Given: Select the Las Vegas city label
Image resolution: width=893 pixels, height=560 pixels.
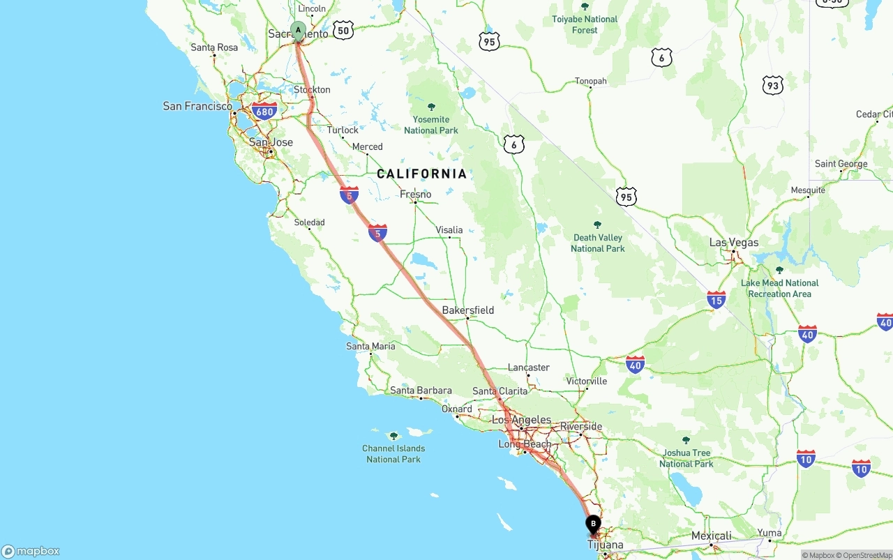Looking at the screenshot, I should pos(733,243).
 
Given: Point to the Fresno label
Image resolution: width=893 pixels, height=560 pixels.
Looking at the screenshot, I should pos(415,194).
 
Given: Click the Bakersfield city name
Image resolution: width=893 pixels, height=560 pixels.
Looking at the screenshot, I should pos(467,310).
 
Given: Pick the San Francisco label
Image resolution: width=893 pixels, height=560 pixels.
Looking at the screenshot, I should pos(197,106).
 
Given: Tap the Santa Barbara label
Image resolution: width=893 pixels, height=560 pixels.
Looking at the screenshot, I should pos(421,391).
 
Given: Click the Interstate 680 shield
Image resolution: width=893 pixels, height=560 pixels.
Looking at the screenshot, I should pos(264,112).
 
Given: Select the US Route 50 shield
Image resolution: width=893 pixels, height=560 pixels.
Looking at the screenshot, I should pos(343,30).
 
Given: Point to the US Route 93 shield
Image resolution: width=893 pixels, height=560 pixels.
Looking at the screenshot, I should pos(772,86).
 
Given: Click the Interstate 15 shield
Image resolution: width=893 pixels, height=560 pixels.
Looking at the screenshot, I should pos(716,300).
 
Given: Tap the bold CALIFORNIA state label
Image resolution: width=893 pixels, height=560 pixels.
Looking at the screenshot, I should pos(421,174).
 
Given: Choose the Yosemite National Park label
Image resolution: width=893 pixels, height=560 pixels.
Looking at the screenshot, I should pos(431,124).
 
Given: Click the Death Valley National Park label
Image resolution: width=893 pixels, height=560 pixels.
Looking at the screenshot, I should pos(597,243).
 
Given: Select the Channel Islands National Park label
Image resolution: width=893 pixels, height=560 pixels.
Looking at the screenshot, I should pos(393,453).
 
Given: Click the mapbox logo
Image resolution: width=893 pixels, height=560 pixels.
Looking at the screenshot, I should pos(31,551).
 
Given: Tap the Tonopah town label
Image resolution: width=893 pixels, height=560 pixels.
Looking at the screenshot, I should pos(590,81).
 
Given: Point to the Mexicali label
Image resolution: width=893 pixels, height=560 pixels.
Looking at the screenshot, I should pos(711,536).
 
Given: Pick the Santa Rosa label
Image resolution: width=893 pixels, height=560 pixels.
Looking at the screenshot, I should pos(214,47).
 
